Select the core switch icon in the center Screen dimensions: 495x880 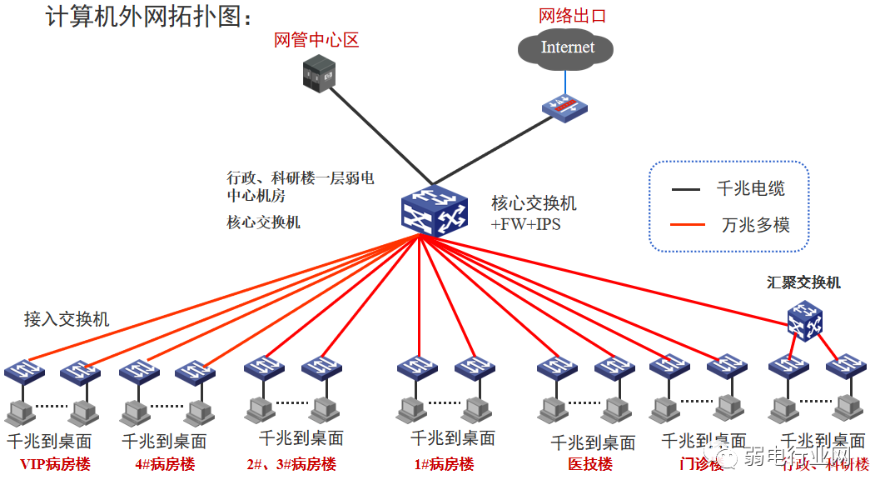point(433,210)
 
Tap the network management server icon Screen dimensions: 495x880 point(316,73)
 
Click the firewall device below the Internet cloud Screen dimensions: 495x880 point(565,107)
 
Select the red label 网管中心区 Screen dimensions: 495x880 point(316,40)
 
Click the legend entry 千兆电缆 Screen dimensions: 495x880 point(750,189)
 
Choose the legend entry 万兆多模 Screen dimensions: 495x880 point(755,225)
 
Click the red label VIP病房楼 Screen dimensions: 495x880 point(55,464)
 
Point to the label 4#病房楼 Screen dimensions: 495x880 point(165,464)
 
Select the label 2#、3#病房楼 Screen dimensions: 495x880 point(291,464)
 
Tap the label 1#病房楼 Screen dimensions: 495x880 point(444,464)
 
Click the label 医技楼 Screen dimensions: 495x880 point(590,464)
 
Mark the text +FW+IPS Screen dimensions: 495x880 point(526,224)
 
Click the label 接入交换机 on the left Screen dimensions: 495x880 point(67,319)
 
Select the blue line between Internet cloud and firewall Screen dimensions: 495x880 point(566,81)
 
